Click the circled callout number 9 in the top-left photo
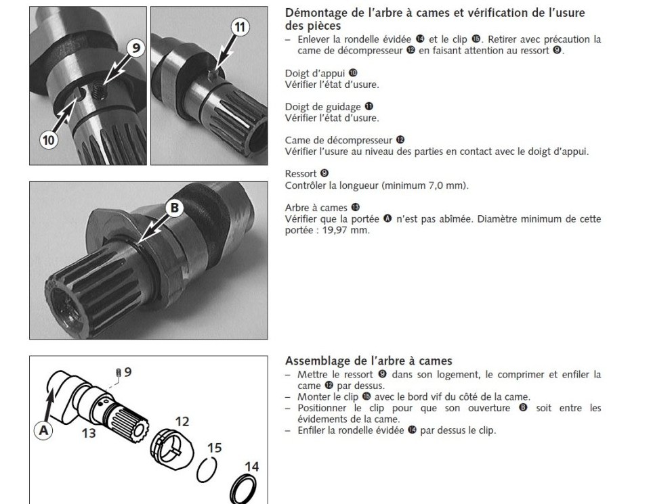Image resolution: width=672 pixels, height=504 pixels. pyautogui.click(x=136, y=47)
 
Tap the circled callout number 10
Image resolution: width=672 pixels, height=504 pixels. pyautogui.click(x=48, y=140)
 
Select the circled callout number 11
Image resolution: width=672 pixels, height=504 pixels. pyautogui.click(x=240, y=27)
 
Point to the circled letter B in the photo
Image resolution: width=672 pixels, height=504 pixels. pyautogui.click(x=174, y=208)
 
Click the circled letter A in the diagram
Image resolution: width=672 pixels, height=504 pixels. pyautogui.click(x=43, y=430)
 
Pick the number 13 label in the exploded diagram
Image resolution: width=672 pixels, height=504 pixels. pyautogui.click(x=89, y=433)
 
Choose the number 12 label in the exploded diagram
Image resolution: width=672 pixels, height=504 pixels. pyautogui.click(x=182, y=421)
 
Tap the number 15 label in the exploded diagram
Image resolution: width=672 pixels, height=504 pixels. pyautogui.click(x=214, y=448)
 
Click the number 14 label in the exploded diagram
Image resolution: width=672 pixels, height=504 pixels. pyautogui.click(x=251, y=466)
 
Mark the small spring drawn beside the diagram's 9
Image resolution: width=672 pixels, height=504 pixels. pyautogui.click(x=119, y=373)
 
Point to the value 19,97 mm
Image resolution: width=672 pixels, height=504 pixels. pyautogui.click(x=345, y=230)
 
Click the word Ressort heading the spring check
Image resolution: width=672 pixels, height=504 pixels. pyautogui.click(x=300, y=174)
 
